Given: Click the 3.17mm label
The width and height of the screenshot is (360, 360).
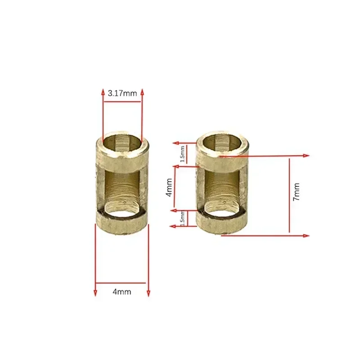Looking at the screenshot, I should click(x=122, y=94).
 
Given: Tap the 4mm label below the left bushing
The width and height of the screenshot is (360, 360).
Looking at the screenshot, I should click(x=122, y=292).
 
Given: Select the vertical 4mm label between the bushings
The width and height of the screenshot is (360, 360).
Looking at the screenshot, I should click(x=168, y=188).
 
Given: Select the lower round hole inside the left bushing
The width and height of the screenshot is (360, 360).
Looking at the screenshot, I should click(x=123, y=209).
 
